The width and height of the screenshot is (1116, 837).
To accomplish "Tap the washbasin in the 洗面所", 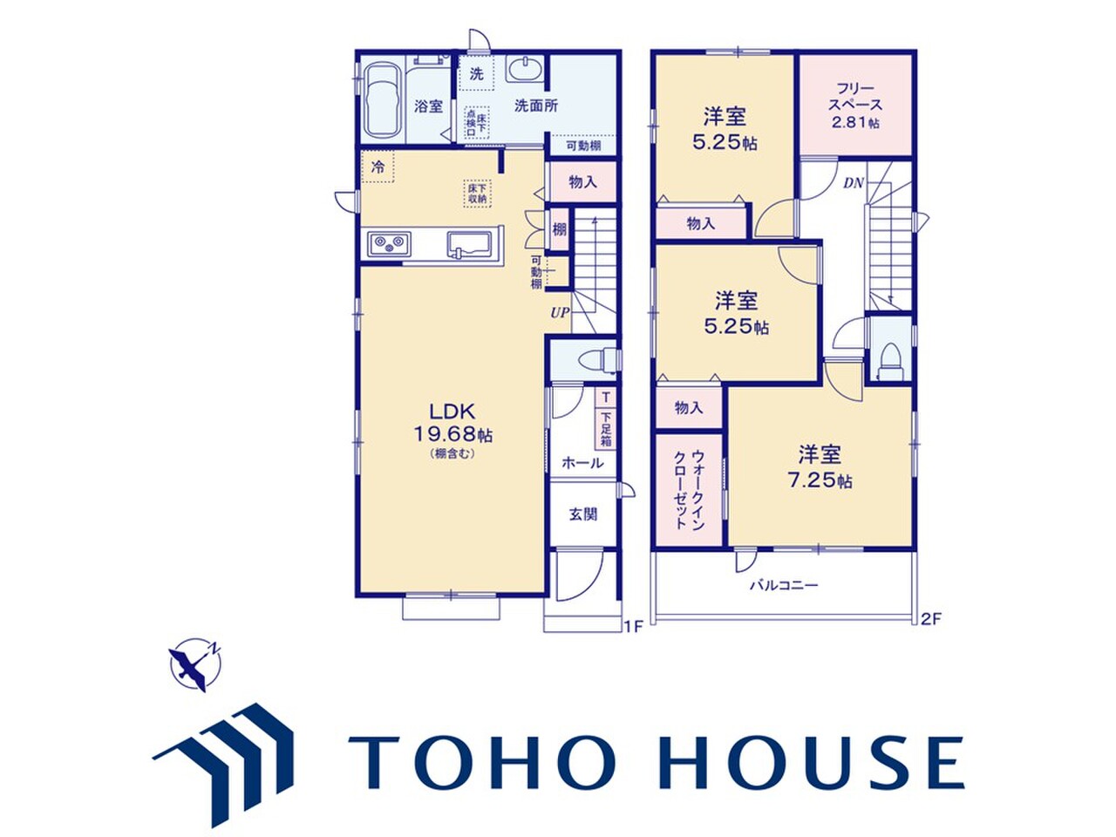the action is click(525, 69).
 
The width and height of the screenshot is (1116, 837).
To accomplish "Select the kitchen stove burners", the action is click(390, 244).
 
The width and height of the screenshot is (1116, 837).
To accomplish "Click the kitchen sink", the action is click(469, 246).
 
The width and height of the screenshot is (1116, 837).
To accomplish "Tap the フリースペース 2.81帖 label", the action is click(855, 105).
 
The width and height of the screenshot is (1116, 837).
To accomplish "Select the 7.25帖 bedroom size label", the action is click(820, 481).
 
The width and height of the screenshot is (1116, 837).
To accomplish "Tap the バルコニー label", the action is click(785, 585).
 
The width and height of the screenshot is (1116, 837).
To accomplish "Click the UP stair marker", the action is click(560, 312).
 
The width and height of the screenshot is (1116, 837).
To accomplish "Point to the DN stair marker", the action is click(854, 183).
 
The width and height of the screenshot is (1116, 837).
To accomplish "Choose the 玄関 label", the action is click(582, 514).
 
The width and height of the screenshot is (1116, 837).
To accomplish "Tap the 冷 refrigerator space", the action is click(378, 167).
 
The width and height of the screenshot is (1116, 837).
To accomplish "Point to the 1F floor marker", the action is click(633, 626).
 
